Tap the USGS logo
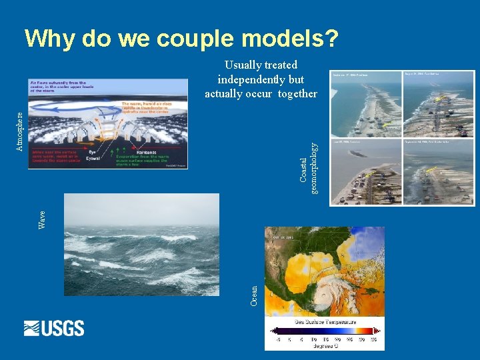pyautogui.click(x=54, y=328)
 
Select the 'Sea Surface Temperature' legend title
pyautogui.click(x=324, y=321)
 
